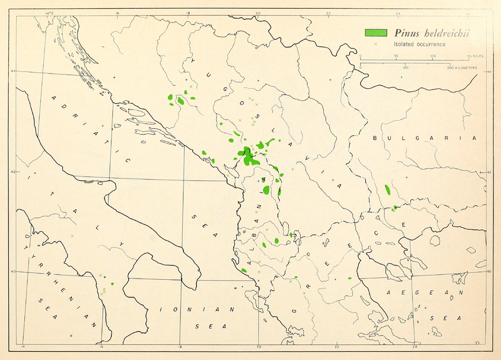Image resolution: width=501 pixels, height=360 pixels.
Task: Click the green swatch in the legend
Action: (374, 33)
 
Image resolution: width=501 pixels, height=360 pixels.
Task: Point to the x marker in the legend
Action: (374, 44)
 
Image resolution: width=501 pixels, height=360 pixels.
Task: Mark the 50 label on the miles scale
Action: (396, 56)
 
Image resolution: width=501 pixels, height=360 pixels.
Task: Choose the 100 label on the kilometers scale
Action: (405, 67)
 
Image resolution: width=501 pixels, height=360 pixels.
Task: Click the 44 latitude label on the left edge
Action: (13, 71)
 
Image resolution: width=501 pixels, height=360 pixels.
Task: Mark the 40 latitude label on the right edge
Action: (488, 271)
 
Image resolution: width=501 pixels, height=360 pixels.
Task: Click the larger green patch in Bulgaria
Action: (388, 188)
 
